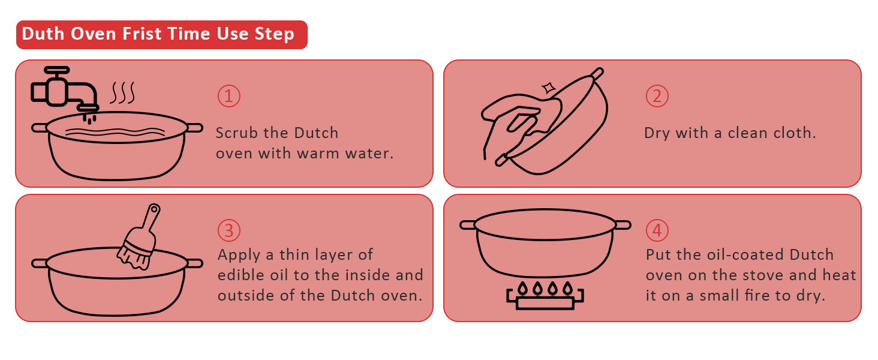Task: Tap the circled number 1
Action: [228, 96]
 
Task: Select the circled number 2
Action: [657, 96]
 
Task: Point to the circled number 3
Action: [228, 230]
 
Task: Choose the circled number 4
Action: [657, 230]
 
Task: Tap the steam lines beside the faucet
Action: [123, 93]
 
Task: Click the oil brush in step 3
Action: [140, 238]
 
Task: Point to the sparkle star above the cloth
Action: [548, 88]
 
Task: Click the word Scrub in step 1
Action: [236, 133]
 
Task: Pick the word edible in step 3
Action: [239, 275]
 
